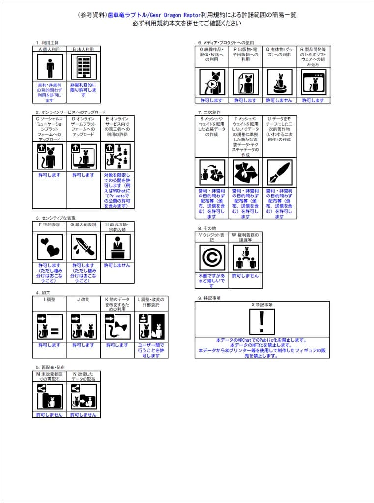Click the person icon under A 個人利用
point(50,66)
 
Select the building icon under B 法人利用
point(83,66)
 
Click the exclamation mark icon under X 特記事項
point(262,322)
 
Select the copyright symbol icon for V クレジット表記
point(212,257)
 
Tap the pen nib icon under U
point(279,172)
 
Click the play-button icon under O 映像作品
point(212,82)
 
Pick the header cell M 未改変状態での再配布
point(50,377)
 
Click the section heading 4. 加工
point(44,293)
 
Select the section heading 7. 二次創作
point(209,112)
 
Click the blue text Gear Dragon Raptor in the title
point(154,15)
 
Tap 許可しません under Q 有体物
point(279,100)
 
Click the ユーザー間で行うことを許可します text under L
point(151,350)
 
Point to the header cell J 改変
point(83,299)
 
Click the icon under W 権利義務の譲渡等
point(246,257)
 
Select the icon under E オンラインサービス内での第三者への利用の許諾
point(117,157)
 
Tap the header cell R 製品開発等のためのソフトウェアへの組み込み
point(313,56)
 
